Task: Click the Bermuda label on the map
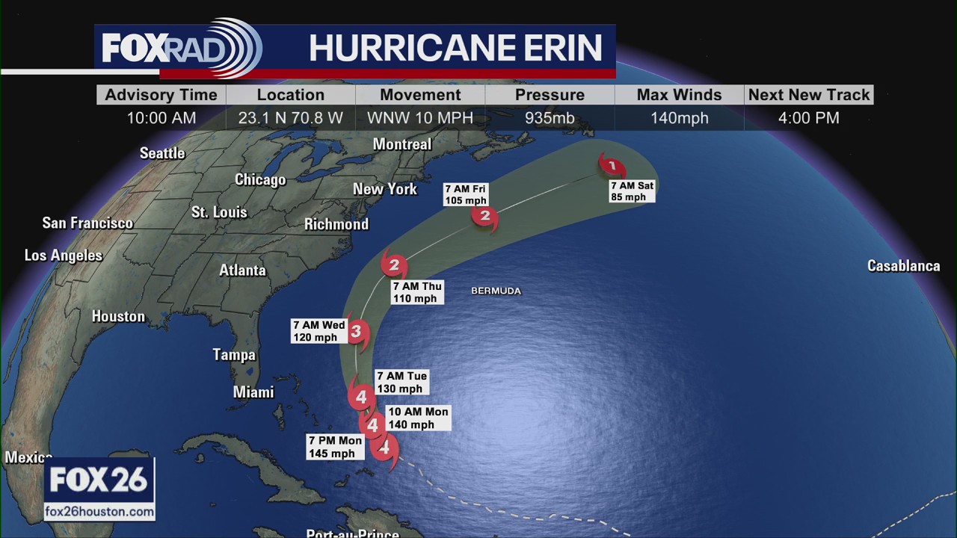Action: point(496,291)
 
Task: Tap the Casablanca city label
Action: point(903,266)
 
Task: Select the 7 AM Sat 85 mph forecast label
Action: point(632,191)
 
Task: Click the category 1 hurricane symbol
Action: point(612,166)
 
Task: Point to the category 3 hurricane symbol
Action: point(357,332)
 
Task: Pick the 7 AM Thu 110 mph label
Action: point(417,292)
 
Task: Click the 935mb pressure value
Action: point(550,118)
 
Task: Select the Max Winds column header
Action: point(679,95)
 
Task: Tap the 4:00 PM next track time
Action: point(808,118)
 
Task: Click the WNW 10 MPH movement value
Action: point(420,118)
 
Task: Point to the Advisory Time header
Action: point(161,95)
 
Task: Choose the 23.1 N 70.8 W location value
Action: point(290,118)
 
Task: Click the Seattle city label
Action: point(162,153)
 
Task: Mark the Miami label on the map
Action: point(253,392)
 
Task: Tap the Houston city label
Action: point(118,317)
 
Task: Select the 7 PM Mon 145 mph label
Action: point(336,447)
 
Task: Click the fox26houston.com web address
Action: point(99,512)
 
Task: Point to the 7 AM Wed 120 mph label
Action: point(319,331)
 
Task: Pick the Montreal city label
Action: point(402,144)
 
